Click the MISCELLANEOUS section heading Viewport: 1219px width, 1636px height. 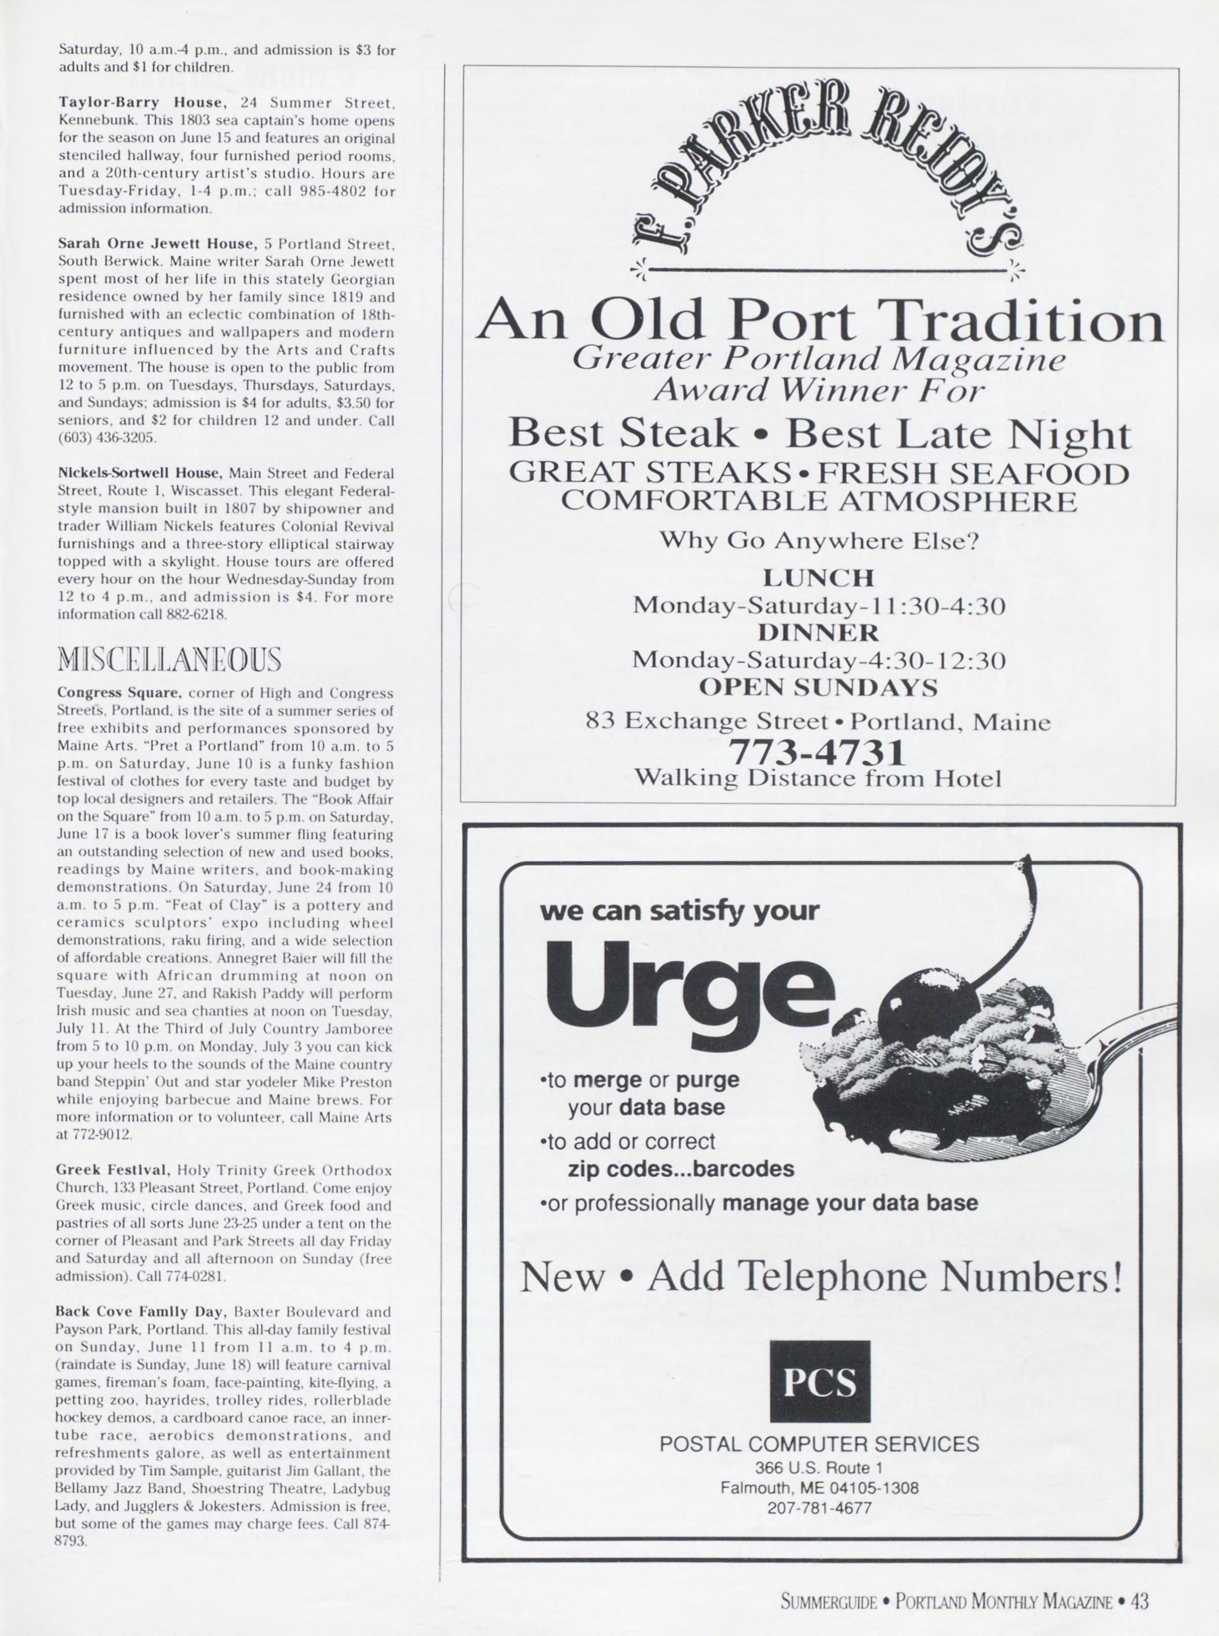(x=169, y=659)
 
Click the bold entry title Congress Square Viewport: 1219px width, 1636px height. (x=119, y=693)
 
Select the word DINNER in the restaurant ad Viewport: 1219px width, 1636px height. (x=818, y=632)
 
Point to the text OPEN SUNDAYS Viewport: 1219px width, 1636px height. (x=818, y=687)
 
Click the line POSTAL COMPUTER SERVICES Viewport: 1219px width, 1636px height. (x=819, y=1444)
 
